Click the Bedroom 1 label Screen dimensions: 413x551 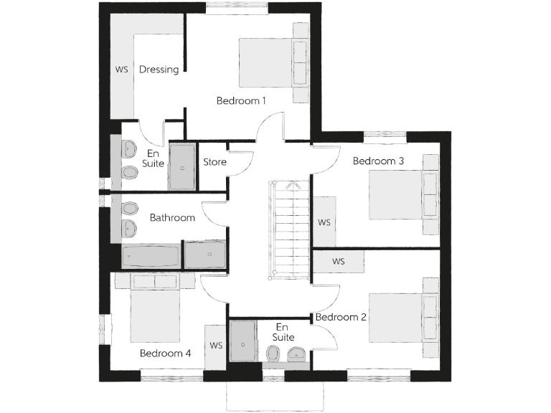click(x=241, y=101)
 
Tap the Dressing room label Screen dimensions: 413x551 click(x=159, y=70)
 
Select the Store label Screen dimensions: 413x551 click(x=215, y=162)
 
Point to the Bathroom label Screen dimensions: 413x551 click(x=172, y=218)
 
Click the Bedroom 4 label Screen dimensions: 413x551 click(x=165, y=353)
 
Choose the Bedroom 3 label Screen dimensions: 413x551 click(x=378, y=161)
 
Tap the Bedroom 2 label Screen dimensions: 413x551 click(x=342, y=317)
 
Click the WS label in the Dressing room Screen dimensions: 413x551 click(x=121, y=70)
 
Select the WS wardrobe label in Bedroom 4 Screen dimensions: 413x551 click(x=216, y=345)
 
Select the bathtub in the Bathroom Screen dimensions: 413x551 click(x=151, y=255)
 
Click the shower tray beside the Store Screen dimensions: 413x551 click(x=182, y=167)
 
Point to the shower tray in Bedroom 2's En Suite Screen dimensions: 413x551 click(x=243, y=344)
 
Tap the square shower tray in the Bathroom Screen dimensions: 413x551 click(x=204, y=254)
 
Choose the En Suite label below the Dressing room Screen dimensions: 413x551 click(x=153, y=158)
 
